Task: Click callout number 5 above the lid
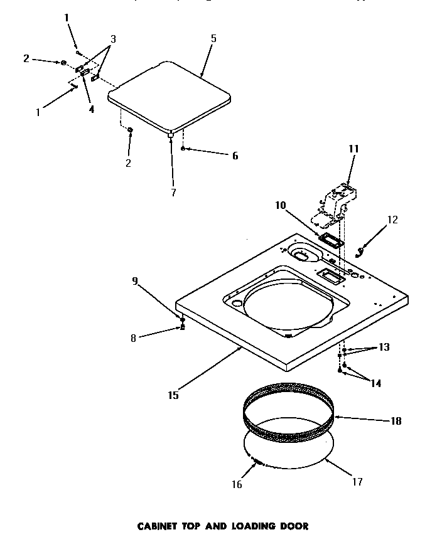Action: [213, 39]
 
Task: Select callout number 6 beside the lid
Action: [235, 156]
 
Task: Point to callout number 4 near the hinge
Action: [92, 109]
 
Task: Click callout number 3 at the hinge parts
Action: [112, 39]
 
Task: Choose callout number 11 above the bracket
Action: [353, 149]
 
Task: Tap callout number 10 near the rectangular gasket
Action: [280, 205]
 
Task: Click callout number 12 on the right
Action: [392, 220]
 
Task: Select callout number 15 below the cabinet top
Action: [173, 395]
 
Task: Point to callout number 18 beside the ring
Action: [396, 421]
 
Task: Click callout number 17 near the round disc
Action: [357, 482]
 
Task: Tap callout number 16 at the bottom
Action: [236, 484]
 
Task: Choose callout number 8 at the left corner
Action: [133, 338]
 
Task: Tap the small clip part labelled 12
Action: [360, 252]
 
